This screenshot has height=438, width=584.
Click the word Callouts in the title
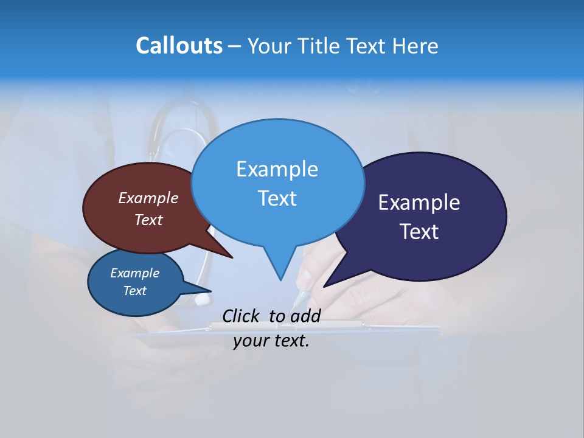pos(179,46)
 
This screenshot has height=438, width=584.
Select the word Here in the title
pos(415,46)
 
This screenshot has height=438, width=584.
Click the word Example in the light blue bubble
pos(277,169)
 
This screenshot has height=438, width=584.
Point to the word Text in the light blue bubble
pos(277,198)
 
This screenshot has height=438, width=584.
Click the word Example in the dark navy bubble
pos(419,203)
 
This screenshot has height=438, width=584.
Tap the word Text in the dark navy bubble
pos(419,232)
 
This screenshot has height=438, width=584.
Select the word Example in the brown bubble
pos(148,198)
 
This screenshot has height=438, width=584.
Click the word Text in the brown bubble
pos(148,220)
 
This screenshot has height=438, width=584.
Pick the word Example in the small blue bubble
pos(134,273)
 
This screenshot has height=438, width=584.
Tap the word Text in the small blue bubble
pos(134,291)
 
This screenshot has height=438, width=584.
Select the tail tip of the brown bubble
pos(232,257)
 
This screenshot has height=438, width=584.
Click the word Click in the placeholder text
pos(240,316)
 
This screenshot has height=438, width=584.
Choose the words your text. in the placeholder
pos(271,341)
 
